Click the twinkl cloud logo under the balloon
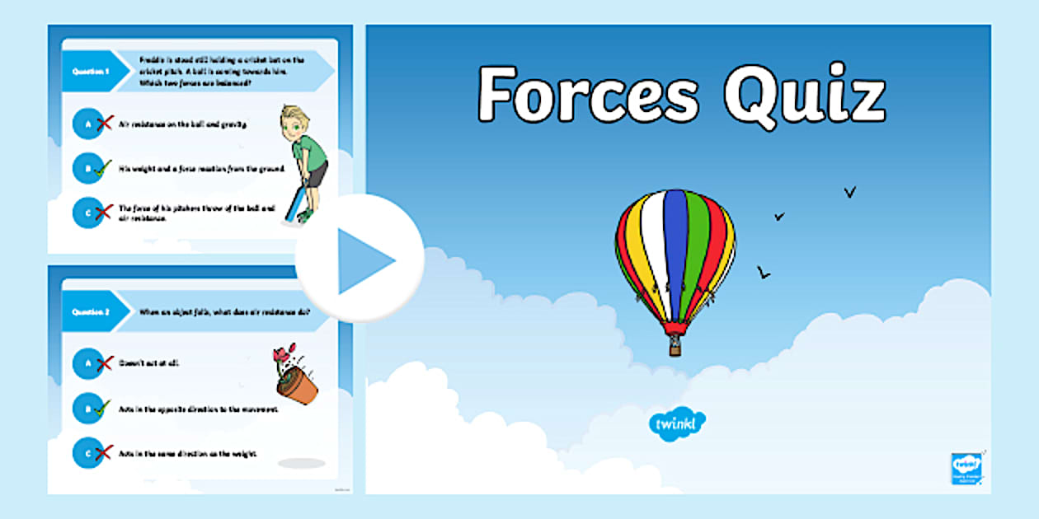coord(678,423)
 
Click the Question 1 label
coord(92,72)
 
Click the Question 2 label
coord(92,312)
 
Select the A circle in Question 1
coord(87,124)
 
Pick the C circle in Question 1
coord(87,213)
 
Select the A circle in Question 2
coord(87,362)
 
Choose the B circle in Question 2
coord(87,408)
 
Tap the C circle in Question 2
coord(87,453)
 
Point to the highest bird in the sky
coord(849,193)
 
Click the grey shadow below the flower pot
coord(301,463)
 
